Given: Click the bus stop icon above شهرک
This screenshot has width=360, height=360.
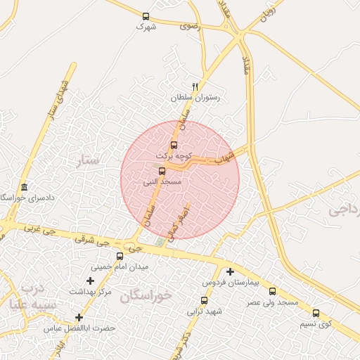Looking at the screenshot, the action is [x=146, y=16].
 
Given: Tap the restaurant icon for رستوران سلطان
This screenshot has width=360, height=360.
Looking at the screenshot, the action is [x=195, y=86].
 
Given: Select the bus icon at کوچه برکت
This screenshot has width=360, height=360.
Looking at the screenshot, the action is [x=174, y=146].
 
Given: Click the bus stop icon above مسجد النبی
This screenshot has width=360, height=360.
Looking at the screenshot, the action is [x=162, y=171].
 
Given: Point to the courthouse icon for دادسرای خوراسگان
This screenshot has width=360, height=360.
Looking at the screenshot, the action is [x=25, y=187].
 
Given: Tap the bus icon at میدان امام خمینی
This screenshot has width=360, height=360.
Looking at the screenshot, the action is [x=120, y=256].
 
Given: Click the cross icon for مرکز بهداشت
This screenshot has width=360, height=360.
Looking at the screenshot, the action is [x=90, y=281].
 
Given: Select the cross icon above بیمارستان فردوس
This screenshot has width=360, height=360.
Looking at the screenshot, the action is [x=230, y=271].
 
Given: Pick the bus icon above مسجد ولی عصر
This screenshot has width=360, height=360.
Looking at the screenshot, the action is [x=273, y=291].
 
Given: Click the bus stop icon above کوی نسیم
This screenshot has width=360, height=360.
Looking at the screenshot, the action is [x=316, y=313].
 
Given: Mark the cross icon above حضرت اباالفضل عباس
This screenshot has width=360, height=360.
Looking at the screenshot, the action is [x=79, y=318].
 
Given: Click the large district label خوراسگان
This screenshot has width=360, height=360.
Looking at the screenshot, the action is [x=146, y=295].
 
